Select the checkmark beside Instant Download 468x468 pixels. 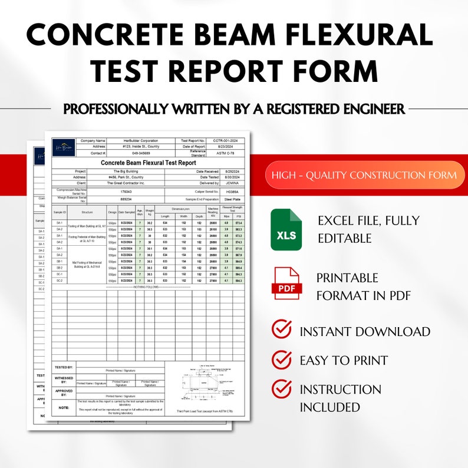point(281,329)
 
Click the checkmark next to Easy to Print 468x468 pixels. point(281,360)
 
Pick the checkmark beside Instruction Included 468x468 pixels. point(281,388)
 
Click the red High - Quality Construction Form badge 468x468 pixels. point(364,174)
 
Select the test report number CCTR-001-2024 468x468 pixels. point(225,141)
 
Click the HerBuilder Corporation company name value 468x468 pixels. point(136,141)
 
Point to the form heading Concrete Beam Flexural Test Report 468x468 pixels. point(148,163)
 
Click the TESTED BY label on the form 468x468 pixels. point(64,367)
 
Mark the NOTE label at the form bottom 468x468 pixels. point(64,407)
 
